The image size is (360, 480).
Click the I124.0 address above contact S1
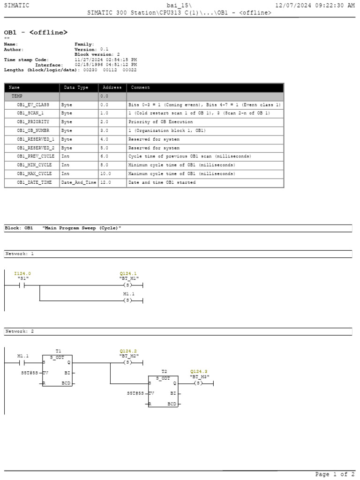[22, 273]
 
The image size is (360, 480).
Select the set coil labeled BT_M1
[128, 285]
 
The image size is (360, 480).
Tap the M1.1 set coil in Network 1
[128, 300]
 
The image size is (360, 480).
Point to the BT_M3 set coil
[198, 383]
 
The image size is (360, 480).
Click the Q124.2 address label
[128, 351]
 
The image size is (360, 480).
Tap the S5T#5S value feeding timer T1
[29, 373]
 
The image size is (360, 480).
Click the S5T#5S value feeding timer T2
[135, 393]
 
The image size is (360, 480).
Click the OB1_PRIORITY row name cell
[33, 122]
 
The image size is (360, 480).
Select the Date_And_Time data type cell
[79, 182]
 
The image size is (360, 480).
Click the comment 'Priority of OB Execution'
[160, 122]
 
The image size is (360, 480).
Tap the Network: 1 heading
[19, 254]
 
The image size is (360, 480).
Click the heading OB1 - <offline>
[36, 32]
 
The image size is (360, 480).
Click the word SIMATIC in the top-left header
[16, 5]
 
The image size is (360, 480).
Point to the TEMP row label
[17, 96]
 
